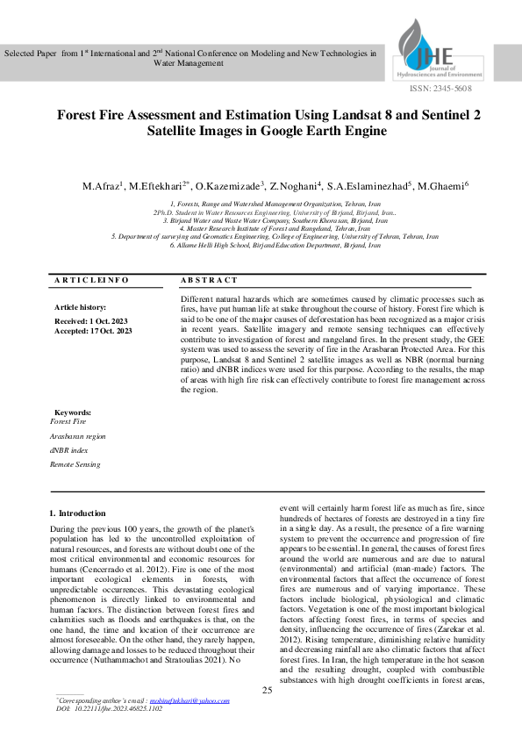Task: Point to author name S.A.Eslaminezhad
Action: tap(370, 186)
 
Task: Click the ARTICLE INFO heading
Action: tap(91, 279)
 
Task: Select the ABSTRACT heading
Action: tap(209, 279)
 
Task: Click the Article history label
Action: tap(80, 307)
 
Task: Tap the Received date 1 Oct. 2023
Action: tap(91, 321)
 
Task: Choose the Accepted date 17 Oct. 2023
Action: tap(94, 331)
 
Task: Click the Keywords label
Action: tap(74, 411)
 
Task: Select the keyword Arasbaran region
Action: tap(78, 435)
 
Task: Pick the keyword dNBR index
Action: tap(69, 449)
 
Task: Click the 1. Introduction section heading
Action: tap(77, 513)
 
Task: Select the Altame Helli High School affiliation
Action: tap(263, 246)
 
